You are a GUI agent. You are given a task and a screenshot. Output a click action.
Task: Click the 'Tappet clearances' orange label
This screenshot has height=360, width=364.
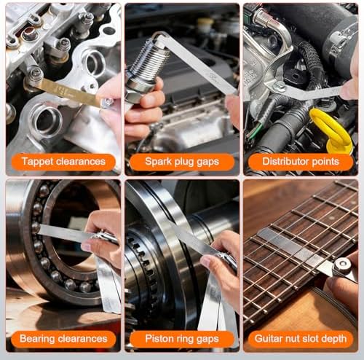[x=63, y=162]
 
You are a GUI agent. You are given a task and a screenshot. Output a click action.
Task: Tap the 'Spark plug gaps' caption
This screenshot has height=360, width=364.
[x=182, y=162]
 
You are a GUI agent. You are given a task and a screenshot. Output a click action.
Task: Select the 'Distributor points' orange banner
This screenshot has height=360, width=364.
[x=301, y=162]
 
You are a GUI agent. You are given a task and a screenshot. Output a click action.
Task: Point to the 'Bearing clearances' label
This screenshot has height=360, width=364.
[x=63, y=339]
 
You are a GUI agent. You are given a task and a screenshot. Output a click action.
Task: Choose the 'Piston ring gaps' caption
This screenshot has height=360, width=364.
[x=182, y=339]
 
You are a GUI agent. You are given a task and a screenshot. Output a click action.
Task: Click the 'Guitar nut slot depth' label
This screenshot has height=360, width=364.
[x=301, y=339]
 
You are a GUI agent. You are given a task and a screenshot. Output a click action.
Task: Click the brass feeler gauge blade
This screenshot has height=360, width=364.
[x=68, y=93]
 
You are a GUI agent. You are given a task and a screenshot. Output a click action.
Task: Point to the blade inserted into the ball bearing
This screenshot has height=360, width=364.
[x=64, y=232]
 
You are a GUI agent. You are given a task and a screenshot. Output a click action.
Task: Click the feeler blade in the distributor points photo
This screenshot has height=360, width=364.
[x=313, y=92]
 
